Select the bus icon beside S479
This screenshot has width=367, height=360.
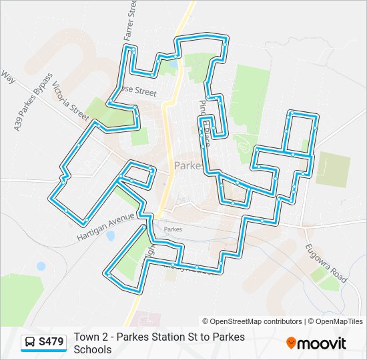click(x=30, y=343)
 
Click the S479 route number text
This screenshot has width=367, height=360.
click(x=52, y=343)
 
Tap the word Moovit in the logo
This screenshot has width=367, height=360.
click(x=322, y=343)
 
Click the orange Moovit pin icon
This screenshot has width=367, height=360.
click(x=291, y=343)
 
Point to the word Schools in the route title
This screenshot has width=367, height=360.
click(x=93, y=349)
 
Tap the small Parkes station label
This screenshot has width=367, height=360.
click(x=173, y=229)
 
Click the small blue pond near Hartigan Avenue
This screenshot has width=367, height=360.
click(x=110, y=235)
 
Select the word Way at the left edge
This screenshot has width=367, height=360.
click(x=7, y=78)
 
